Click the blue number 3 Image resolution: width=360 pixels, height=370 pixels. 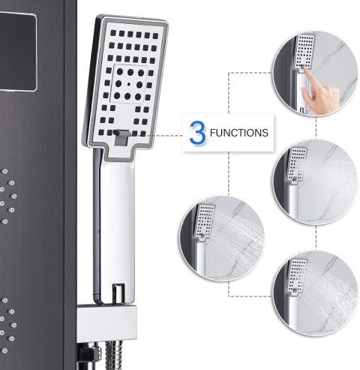point(198,133)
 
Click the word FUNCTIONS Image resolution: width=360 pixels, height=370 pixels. point(239,133)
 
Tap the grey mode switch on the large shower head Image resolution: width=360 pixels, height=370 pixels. point(121,137)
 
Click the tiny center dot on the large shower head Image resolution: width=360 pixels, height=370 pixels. point(129,84)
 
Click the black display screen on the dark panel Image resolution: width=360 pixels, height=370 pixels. point(17,52)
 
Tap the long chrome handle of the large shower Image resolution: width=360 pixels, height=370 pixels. point(114,225)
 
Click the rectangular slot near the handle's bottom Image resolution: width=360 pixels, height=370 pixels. point(118,292)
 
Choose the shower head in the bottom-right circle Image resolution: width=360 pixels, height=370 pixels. point(298,275)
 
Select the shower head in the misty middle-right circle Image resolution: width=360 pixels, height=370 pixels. point(298,164)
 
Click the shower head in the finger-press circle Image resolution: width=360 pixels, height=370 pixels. point(305,52)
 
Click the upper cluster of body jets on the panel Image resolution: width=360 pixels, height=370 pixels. point(7,196)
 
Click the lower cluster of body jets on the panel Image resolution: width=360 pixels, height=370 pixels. point(7,325)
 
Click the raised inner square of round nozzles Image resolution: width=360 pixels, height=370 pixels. point(128,84)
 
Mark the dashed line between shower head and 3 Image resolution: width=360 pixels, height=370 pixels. point(164,136)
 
